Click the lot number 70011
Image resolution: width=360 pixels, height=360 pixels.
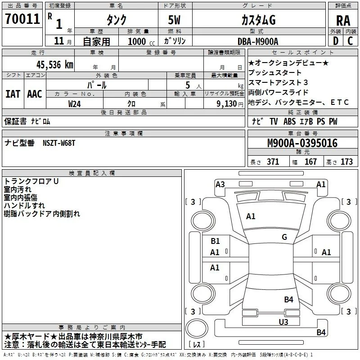[x=22, y=19]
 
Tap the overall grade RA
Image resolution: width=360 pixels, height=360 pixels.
[x=343, y=21]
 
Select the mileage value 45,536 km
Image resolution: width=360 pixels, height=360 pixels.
[x=55, y=64]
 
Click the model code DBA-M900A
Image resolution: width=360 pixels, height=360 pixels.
[x=258, y=41]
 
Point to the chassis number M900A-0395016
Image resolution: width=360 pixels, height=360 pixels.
[x=302, y=143]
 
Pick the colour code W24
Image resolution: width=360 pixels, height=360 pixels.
[x=74, y=104]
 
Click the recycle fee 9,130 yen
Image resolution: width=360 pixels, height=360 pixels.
[x=230, y=104]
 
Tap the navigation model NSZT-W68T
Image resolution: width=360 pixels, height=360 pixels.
[x=59, y=143]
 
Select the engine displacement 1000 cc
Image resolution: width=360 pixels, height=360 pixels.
[x=141, y=41]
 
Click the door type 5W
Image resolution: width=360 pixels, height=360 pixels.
[x=174, y=20]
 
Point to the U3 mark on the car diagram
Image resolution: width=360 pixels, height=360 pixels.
[x=283, y=322]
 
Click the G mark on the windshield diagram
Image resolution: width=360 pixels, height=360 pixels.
[x=284, y=237]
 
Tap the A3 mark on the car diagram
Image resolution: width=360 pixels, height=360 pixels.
[x=220, y=184]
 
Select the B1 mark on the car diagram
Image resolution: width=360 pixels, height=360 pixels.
[x=215, y=241]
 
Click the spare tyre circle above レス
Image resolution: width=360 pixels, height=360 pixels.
[x=197, y=328]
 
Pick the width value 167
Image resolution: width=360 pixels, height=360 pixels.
[x=310, y=162]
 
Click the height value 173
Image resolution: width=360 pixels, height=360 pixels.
[x=346, y=162]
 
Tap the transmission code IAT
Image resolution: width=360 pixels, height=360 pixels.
[x=13, y=94]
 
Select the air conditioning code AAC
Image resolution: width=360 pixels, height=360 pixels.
[x=35, y=94]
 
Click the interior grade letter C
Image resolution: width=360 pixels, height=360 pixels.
[x=350, y=41]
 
